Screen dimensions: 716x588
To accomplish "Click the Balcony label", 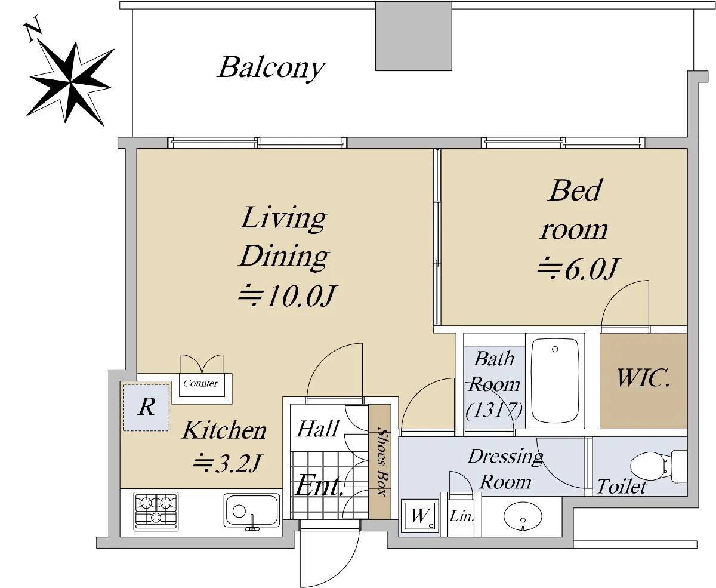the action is point(271,68).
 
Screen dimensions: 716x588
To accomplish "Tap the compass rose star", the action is point(70,82).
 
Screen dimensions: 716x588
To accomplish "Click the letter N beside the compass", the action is point(33,29).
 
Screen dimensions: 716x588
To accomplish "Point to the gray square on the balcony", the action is point(413,36).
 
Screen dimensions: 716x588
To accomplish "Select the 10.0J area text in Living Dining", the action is point(287,296).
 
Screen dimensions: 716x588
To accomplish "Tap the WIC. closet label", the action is point(643,378).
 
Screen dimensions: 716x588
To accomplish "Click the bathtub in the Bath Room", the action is point(555,380).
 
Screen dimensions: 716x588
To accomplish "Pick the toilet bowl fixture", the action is point(659,466).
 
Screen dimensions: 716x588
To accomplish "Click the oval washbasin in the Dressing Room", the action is point(523,516).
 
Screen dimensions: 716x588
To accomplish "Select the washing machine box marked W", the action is point(420,516).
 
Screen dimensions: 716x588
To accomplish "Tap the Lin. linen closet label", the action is point(461,517).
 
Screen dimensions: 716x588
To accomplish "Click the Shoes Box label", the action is point(382,461).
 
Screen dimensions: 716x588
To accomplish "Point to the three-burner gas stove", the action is point(156,511).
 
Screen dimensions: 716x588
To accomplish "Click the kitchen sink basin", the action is point(252,511).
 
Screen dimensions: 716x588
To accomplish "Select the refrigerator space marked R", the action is point(146,407).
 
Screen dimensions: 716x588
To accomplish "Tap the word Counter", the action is point(200,383).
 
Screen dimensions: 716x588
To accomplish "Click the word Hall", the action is point(318,429).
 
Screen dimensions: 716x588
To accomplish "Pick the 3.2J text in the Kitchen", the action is point(227,463).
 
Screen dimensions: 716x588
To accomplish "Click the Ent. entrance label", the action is point(319,486).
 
